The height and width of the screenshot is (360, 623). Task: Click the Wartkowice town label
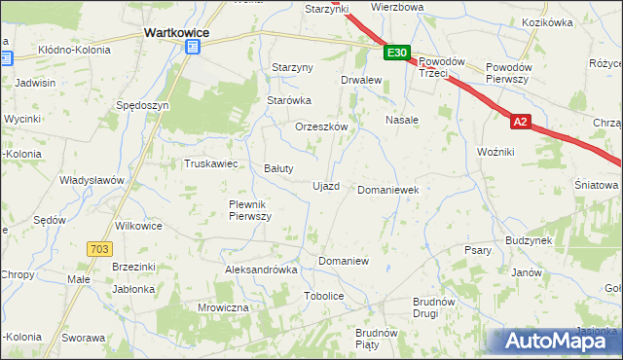pos(172,32)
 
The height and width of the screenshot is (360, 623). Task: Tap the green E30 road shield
pos(396,54)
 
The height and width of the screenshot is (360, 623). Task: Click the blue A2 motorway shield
pos(522,123)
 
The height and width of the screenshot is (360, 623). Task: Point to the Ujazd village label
pos(325,186)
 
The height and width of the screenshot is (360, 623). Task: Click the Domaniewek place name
pos(388,190)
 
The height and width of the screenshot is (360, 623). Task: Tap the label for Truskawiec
pos(211,163)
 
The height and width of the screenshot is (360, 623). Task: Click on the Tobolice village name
pos(324,296)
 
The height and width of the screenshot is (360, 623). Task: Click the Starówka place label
pos(289,100)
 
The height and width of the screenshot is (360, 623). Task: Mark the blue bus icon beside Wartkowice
pos(194,46)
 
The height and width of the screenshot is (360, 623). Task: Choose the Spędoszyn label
pos(142,104)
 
